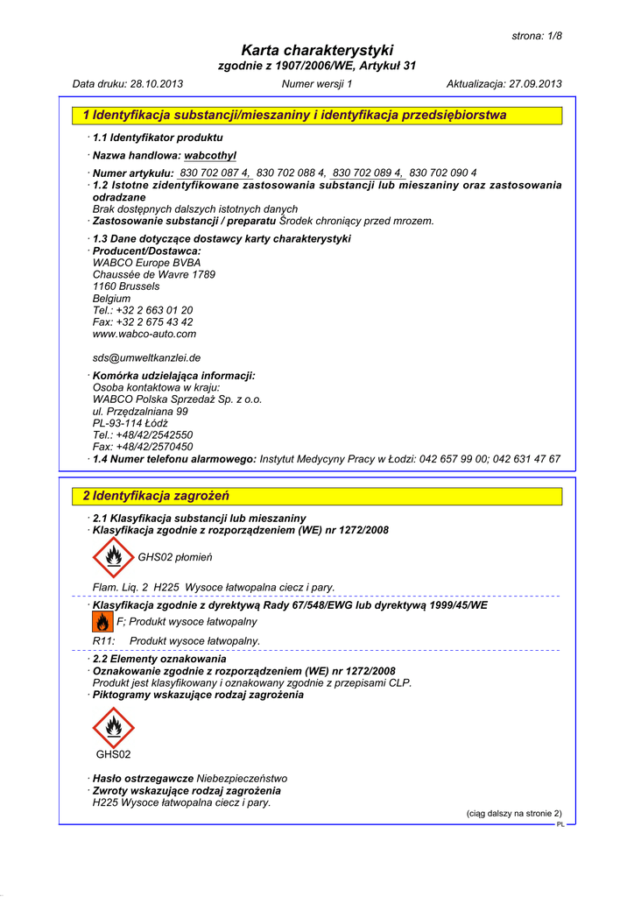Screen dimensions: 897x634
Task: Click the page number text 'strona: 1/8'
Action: [x=536, y=36]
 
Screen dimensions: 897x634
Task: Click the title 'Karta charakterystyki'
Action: [x=316, y=50]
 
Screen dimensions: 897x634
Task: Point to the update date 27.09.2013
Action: [x=535, y=84]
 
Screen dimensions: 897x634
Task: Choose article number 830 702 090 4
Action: [x=443, y=173]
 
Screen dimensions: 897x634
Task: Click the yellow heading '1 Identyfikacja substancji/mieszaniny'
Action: [x=294, y=115]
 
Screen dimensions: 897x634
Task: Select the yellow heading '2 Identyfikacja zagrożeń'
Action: [x=156, y=496]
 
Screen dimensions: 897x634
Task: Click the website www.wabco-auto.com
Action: [x=144, y=334]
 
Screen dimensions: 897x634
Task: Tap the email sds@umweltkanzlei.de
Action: [x=146, y=357]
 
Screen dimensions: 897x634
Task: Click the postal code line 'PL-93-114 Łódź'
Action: [x=130, y=423]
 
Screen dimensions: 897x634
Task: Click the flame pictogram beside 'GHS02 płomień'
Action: [x=113, y=557]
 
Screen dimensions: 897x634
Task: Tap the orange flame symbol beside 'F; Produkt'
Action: [x=102, y=622]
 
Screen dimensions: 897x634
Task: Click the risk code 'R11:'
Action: [x=104, y=641]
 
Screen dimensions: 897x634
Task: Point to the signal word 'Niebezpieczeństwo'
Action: [x=242, y=778]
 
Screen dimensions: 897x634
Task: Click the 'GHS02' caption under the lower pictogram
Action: [x=113, y=754]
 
